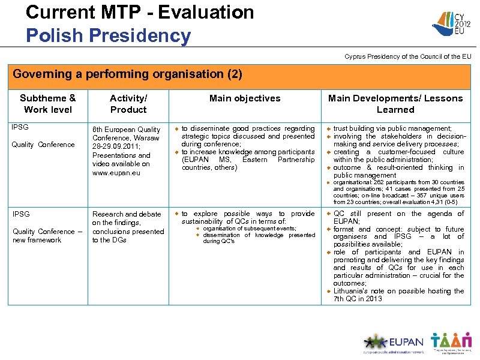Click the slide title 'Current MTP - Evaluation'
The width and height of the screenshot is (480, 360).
pos(140,12)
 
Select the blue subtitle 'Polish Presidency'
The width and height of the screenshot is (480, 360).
pos(108,35)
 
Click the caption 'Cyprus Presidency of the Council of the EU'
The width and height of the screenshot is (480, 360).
pos(407,56)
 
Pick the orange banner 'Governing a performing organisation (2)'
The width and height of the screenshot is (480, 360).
pos(128,74)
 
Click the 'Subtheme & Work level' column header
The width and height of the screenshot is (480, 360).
pos(48,104)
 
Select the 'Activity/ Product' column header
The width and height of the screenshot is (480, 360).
pos(128,104)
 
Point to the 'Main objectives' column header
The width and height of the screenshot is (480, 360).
pos(245,98)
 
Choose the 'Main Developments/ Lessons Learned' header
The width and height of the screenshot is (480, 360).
pos(395,104)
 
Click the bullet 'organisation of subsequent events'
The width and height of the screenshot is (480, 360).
pos(250,229)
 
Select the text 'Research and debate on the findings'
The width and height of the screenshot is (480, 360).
pos(127,218)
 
